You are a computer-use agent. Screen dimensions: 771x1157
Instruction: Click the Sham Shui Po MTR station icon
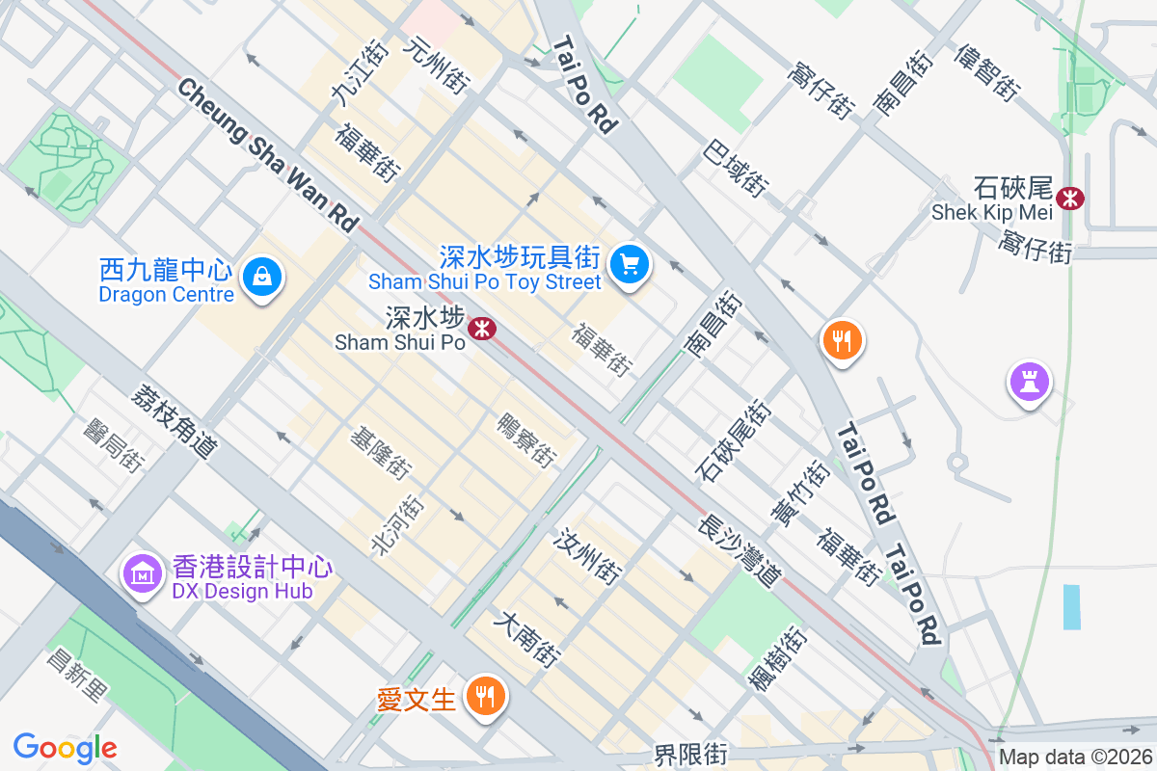[481, 330]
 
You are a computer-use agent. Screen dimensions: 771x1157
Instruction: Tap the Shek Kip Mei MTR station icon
[1068, 199]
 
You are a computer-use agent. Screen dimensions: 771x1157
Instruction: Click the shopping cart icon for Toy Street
[631, 263]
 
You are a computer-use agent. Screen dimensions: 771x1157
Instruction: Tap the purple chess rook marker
[1029, 382]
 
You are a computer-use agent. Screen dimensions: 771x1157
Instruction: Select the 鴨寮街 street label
[526, 440]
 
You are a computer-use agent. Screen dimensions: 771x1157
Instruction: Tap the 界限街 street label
[689, 755]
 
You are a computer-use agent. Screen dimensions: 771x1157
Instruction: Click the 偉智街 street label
[986, 72]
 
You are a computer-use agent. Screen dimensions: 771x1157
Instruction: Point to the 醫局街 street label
[115, 446]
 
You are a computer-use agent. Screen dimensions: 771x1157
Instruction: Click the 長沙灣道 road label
[740, 551]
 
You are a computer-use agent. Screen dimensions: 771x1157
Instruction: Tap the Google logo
[65, 748]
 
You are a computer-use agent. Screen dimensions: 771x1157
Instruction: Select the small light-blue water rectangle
[1071, 606]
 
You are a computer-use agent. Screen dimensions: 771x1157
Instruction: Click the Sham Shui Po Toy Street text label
[485, 281]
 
